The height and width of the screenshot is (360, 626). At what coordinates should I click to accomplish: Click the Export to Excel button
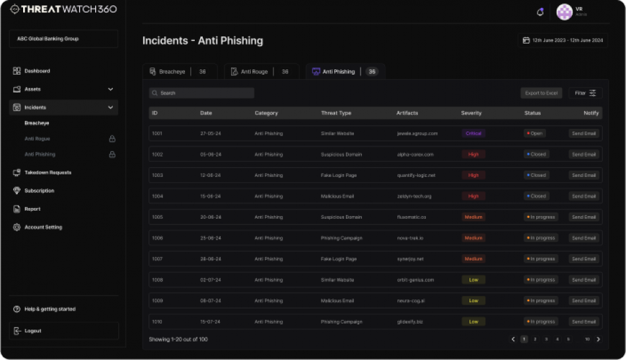pos(541,93)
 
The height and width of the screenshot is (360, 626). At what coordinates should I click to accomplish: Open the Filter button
pos(585,93)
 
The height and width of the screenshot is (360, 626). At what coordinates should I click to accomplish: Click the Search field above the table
pos(201,93)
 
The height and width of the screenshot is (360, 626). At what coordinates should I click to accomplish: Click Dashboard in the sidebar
pos(37,71)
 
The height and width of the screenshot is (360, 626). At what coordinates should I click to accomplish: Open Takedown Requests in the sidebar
pos(48,172)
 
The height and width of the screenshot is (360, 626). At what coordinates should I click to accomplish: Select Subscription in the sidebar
pos(39,191)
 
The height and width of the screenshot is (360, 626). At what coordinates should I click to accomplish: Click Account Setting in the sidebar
pos(43,227)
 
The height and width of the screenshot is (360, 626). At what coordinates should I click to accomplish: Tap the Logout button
pos(33,331)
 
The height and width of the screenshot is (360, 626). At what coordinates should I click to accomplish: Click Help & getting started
pos(50,309)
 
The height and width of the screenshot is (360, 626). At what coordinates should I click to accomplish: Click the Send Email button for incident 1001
pos(584,133)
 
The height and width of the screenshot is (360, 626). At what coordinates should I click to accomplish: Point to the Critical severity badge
pos(473,133)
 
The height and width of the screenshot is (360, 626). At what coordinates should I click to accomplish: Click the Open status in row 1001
pos(534,133)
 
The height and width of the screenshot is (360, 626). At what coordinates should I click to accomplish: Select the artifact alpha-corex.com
pos(415,155)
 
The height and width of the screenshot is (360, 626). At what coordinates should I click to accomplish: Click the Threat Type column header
pos(336,113)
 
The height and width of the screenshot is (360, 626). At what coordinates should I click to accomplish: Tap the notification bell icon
pos(540,12)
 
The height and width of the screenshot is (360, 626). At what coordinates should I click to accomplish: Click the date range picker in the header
pos(563,40)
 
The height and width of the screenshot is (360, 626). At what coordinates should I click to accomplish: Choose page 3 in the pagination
pos(546,340)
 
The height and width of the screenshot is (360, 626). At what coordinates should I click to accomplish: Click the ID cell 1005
pos(157,217)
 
